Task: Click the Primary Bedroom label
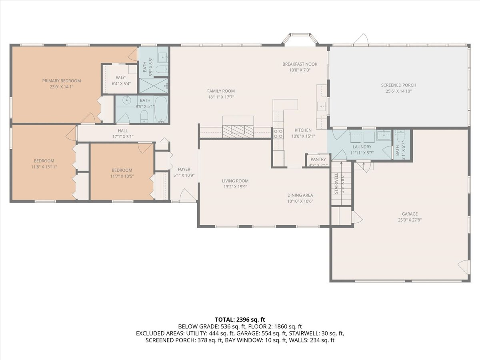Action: click(62, 81)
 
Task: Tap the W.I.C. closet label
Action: click(121, 78)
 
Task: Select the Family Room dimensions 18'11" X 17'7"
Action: click(221, 97)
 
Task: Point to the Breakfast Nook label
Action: click(300, 64)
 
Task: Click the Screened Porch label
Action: click(398, 85)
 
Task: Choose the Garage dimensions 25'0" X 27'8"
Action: click(410, 220)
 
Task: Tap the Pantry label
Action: click(318, 159)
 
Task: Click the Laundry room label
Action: click(362, 147)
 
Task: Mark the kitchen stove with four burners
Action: click(278, 134)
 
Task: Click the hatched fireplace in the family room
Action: click(238, 131)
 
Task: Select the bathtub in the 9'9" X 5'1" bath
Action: click(161, 109)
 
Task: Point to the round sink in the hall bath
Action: click(126, 100)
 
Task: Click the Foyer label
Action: click(184, 169)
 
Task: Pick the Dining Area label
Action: click(300, 195)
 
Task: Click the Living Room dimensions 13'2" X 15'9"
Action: click(235, 187)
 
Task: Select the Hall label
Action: click(123, 131)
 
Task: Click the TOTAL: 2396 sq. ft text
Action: click(240, 320)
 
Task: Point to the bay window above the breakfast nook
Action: click(300, 40)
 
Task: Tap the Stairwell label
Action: click(336, 183)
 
